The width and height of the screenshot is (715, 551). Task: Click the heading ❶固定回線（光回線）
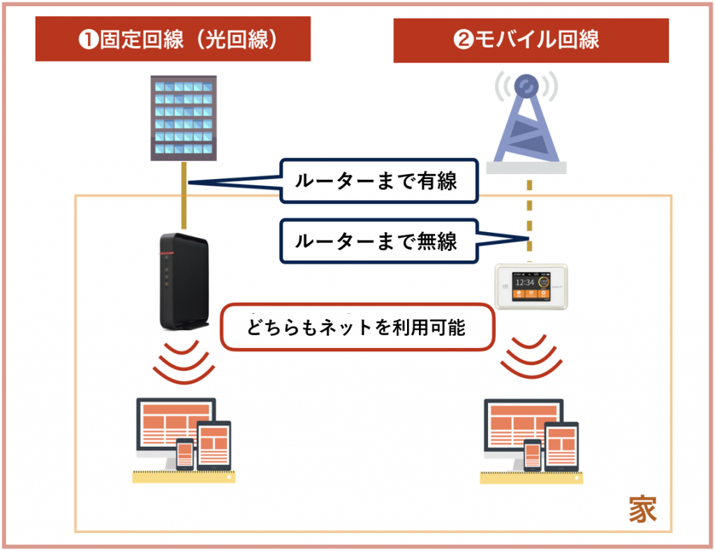coord(173,39)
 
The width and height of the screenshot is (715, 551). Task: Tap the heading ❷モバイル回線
coord(531,39)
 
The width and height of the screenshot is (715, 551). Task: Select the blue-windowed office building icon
coord(183,117)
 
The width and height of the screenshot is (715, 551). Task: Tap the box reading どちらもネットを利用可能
coord(357,327)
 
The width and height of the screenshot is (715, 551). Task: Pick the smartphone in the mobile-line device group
coord(533,455)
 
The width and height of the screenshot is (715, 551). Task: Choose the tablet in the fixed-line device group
coord(214,445)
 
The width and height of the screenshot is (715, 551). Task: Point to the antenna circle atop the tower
coord(526,86)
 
